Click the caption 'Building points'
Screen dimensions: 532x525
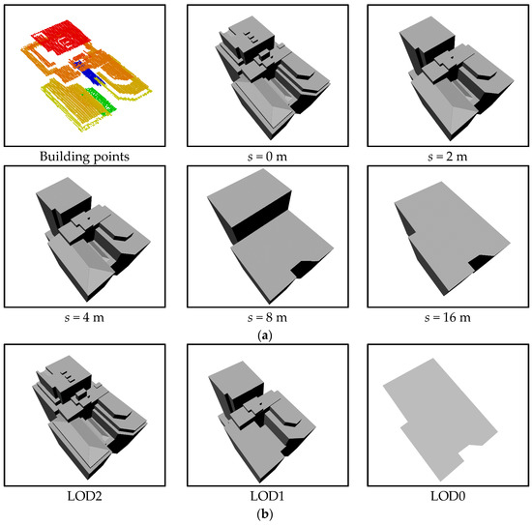[x=84, y=157]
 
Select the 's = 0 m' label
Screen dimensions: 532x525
[x=267, y=157]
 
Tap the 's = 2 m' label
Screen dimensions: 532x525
[x=448, y=157]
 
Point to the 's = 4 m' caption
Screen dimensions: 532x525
[x=84, y=318]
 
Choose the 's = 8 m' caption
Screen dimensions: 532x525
[x=267, y=318]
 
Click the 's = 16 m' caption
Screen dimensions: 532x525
[x=448, y=318]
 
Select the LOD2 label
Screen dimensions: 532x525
[x=84, y=496]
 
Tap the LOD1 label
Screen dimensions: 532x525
[x=267, y=496]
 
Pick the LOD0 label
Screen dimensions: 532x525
[x=448, y=496]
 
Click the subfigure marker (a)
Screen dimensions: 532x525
[x=265, y=336]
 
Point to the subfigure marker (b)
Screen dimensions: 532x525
[x=265, y=514]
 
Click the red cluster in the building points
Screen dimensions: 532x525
[x=63, y=38]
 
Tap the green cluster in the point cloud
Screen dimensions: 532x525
[x=102, y=100]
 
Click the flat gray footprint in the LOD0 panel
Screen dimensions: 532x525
[x=440, y=420]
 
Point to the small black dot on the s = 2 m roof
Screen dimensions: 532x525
[x=452, y=58]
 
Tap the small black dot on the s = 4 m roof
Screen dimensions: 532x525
[x=89, y=219]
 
